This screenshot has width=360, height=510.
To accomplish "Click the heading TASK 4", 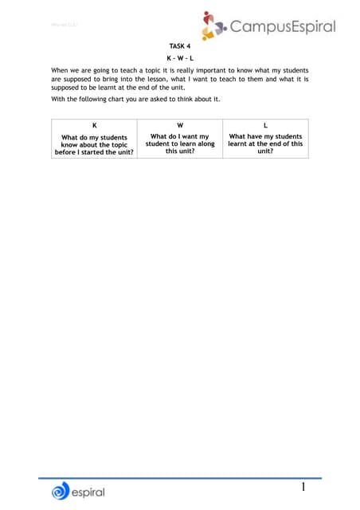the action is pos(181,47).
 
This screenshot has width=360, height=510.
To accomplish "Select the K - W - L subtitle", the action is pos(181,58).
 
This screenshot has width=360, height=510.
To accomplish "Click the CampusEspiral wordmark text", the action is pos(282,28).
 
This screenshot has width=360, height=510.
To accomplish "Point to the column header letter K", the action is pos(95,126).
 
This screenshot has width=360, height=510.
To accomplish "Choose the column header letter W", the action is pos(180,126).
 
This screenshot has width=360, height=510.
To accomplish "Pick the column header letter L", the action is pos(265,126).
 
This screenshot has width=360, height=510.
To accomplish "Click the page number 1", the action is pos(303,486).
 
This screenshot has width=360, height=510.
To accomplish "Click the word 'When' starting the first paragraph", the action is pos(61,70).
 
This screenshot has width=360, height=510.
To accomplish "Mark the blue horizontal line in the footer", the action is pos(180,477).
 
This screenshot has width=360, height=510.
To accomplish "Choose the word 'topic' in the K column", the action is pos(117,144).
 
